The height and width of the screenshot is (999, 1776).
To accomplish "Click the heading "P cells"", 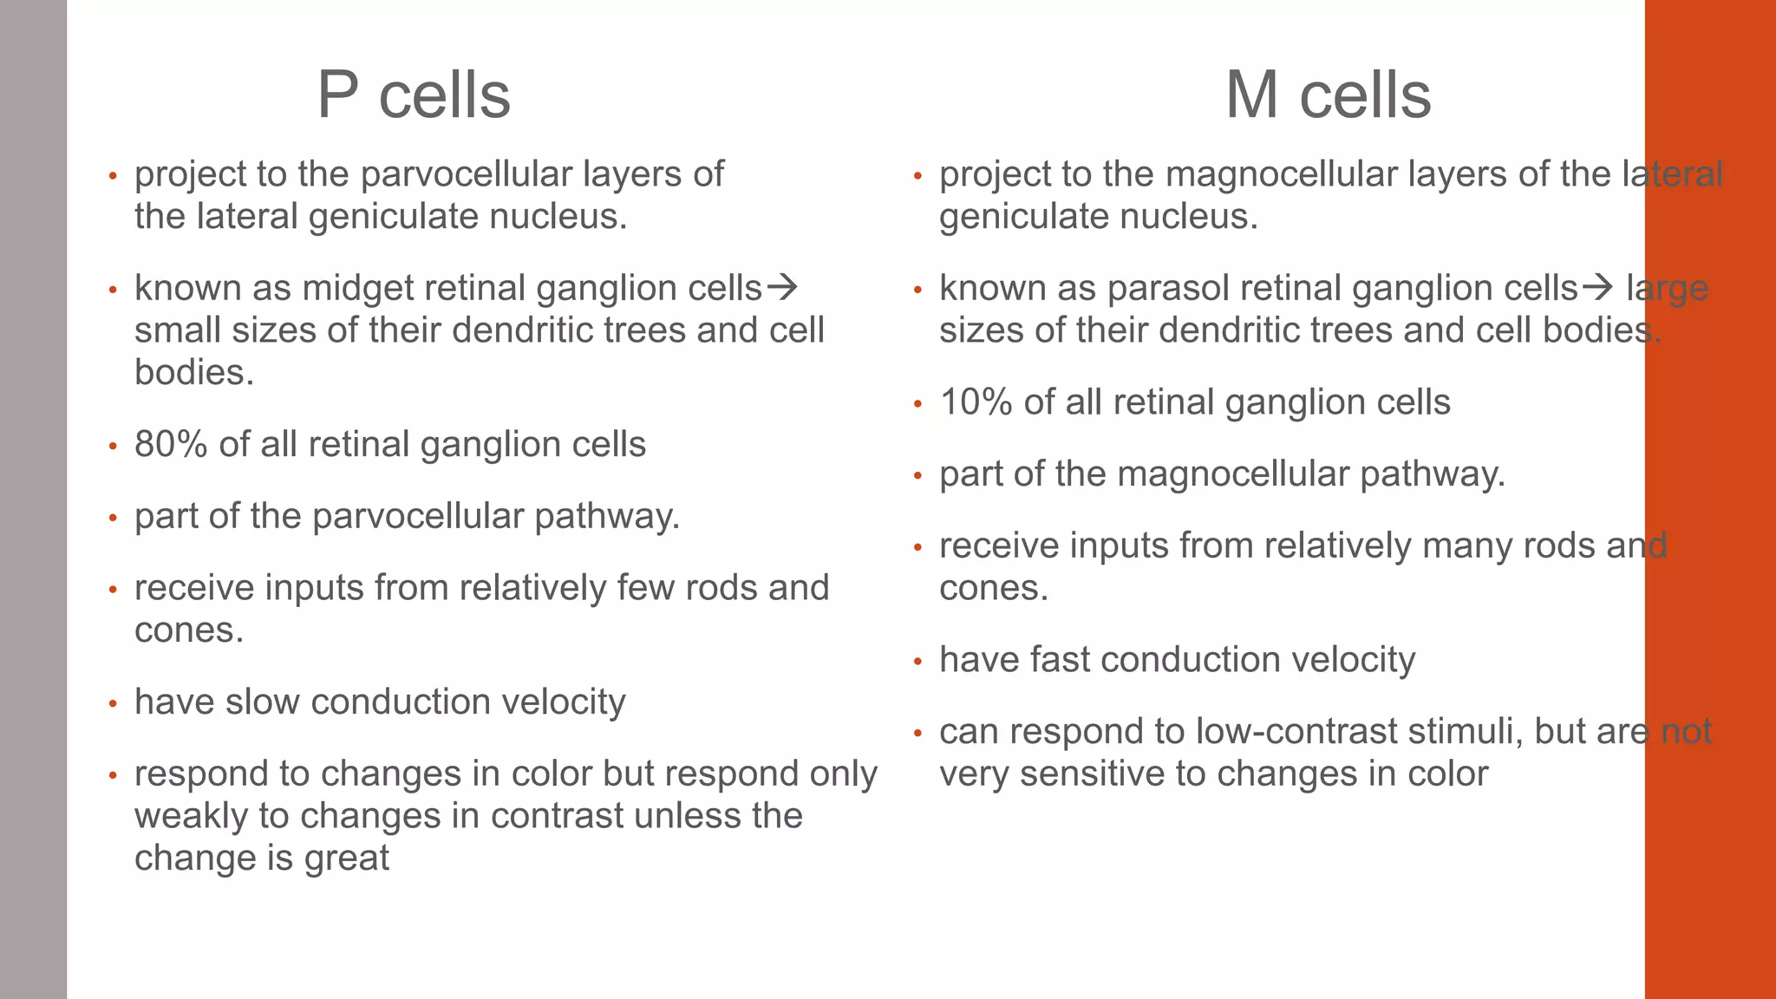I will coord(414,95).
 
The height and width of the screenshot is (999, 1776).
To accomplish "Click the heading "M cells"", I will coord(1328,95).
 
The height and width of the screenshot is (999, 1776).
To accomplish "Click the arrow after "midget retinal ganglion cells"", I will coord(782,287).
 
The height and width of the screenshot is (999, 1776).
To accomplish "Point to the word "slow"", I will coord(261,702).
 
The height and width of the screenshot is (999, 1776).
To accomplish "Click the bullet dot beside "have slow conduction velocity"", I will coord(112,703).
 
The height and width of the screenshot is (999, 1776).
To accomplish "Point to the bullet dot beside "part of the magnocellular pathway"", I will coord(917,476).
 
